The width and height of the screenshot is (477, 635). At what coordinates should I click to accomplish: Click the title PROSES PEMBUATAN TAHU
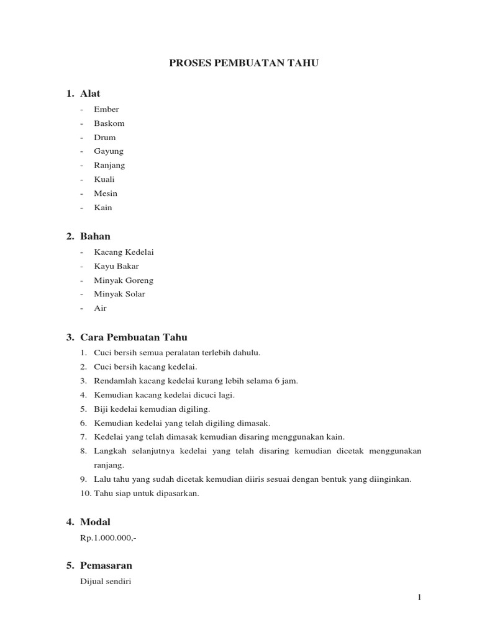pyautogui.click(x=244, y=63)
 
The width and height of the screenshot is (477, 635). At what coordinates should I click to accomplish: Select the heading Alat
pyautogui.click(x=90, y=94)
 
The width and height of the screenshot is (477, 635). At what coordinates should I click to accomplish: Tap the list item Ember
pyautogui.click(x=106, y=110)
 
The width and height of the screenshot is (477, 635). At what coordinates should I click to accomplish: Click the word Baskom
pyautogui.click(x=109, y=123)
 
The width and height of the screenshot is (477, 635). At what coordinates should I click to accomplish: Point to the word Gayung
pyautogui.click(x=109, y=151)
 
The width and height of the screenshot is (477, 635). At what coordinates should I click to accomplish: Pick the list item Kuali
pyautogui.click(x=104, y=179)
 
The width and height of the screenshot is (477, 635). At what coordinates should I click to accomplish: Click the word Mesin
pyautogui.click(x=106, y=193)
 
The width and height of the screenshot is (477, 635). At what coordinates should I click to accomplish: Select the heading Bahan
pyautogui.click(x=96, y=236)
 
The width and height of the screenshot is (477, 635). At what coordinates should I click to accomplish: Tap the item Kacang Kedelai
pyautogui.click(x=124, y=252)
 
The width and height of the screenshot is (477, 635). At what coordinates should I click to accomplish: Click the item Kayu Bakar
pyautogui.click(x=116, y=267)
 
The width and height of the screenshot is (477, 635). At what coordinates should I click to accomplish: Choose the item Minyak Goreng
pyautogui.click(x=124, y=280)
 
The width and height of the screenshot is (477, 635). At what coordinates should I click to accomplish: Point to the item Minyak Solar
pyautogui.click(x=119, y=294)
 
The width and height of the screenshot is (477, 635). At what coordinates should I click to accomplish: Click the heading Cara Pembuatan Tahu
pyautogui.click(x=134, y=337)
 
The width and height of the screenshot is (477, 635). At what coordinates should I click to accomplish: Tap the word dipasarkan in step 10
pyautogui.click(x=175, y=494)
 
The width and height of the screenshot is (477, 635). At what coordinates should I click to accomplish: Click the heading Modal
pyautogui.click(x=96, y=522)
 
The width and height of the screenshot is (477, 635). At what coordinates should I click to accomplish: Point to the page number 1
pyautogui.click(x=419, y=597)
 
